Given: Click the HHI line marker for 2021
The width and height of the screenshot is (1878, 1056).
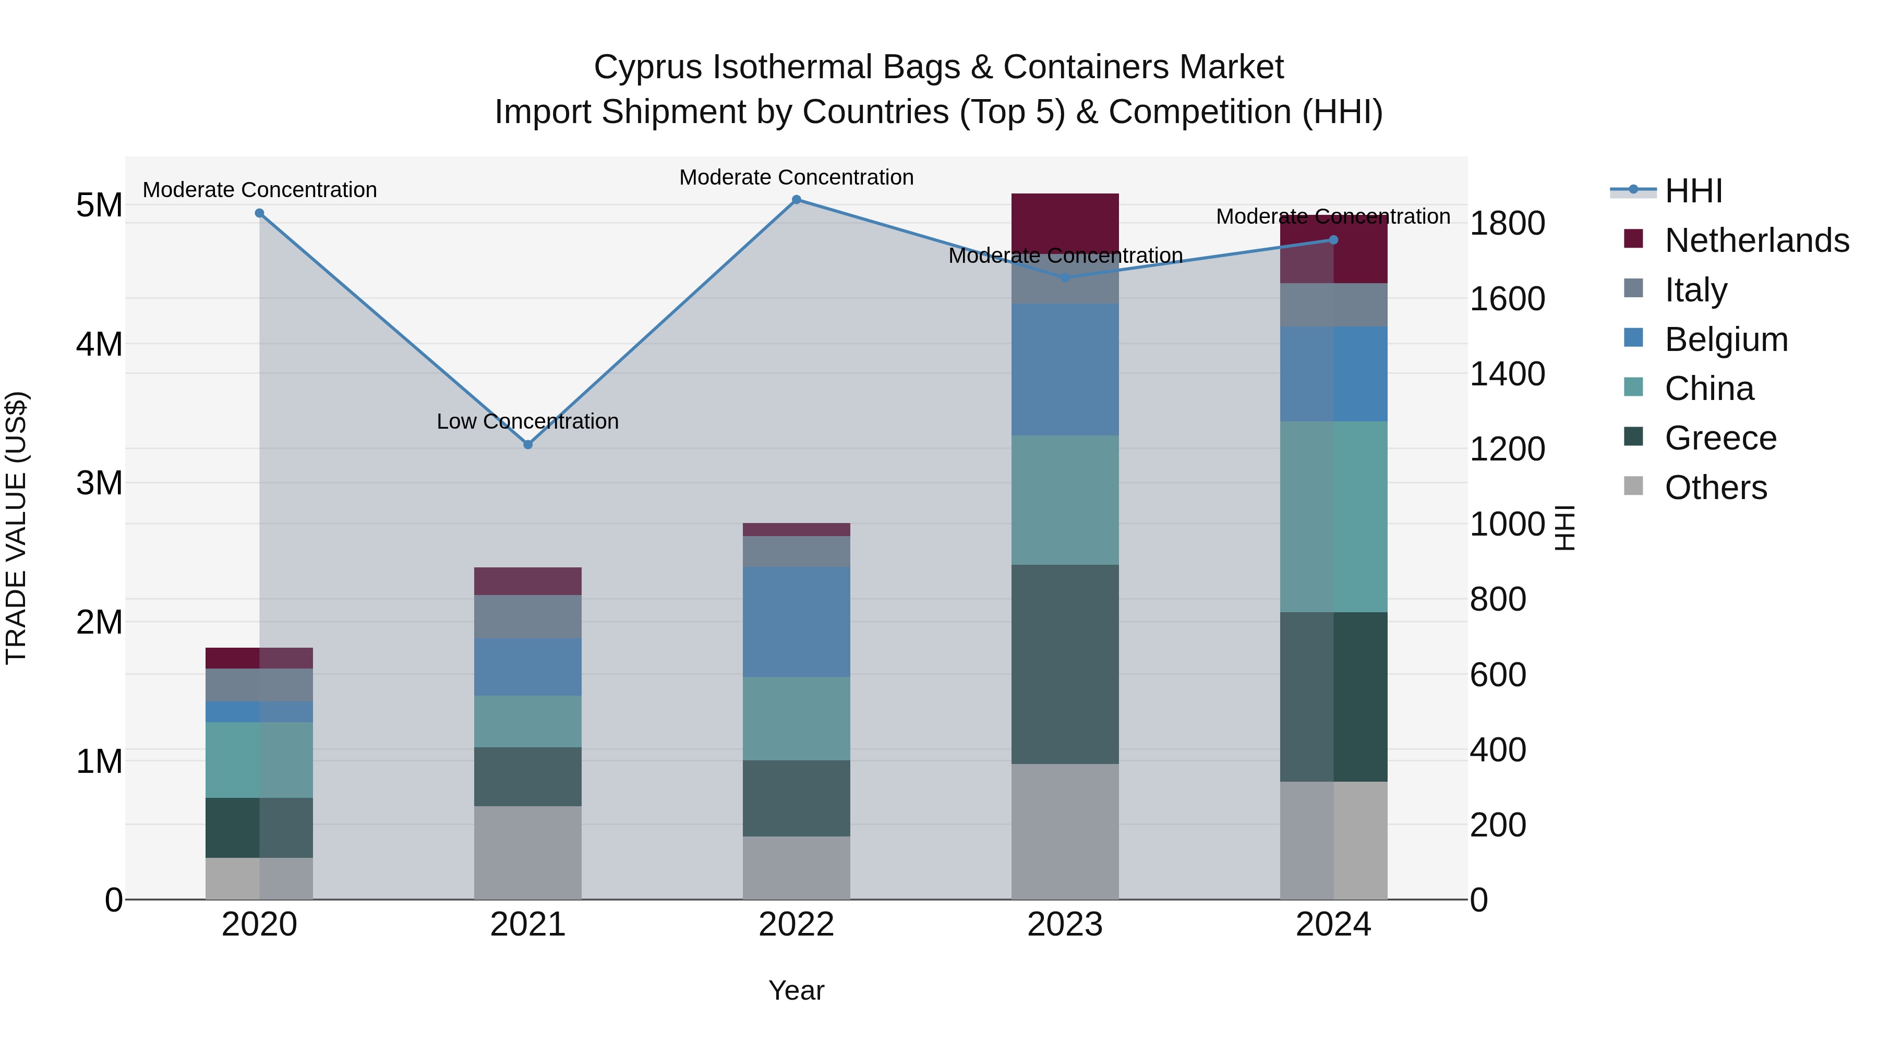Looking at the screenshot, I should pyautogui.click(x=528, y=444).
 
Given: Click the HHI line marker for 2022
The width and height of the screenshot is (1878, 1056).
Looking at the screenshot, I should pyautogui.click(x=796, y=200).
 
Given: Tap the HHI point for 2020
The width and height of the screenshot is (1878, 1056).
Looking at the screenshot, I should pyautogui.click(x=260, y=213).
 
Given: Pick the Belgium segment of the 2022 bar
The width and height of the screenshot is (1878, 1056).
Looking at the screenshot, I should pyautogui.click(x=796, y=622).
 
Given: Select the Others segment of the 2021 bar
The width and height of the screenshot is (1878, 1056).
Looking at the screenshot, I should pyautogui.click(x=528, y=852).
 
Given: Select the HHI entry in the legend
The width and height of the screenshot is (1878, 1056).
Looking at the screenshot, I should pyautogui.click(x=1693, y=191).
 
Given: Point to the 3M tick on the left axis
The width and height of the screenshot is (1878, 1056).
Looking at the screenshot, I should pyautogui.click(x=99, y=482).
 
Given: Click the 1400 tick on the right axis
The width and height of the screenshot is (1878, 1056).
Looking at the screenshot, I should pyautogui.click(x=1506, y=374).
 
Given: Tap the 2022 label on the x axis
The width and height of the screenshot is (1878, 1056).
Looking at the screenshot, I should pyautogui.click(x=796, y=925).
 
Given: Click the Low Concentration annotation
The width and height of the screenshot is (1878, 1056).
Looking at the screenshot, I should pyautogui.click(x=528, y=421).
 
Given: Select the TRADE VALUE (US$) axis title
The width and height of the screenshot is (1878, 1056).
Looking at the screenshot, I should pyautogui.click(x=16, y=528).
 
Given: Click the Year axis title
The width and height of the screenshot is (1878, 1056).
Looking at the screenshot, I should pyautogui.click(x=796, y=990).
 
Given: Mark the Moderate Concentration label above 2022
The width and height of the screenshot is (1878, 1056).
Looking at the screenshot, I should pyautogui.click(x=796, y=177).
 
